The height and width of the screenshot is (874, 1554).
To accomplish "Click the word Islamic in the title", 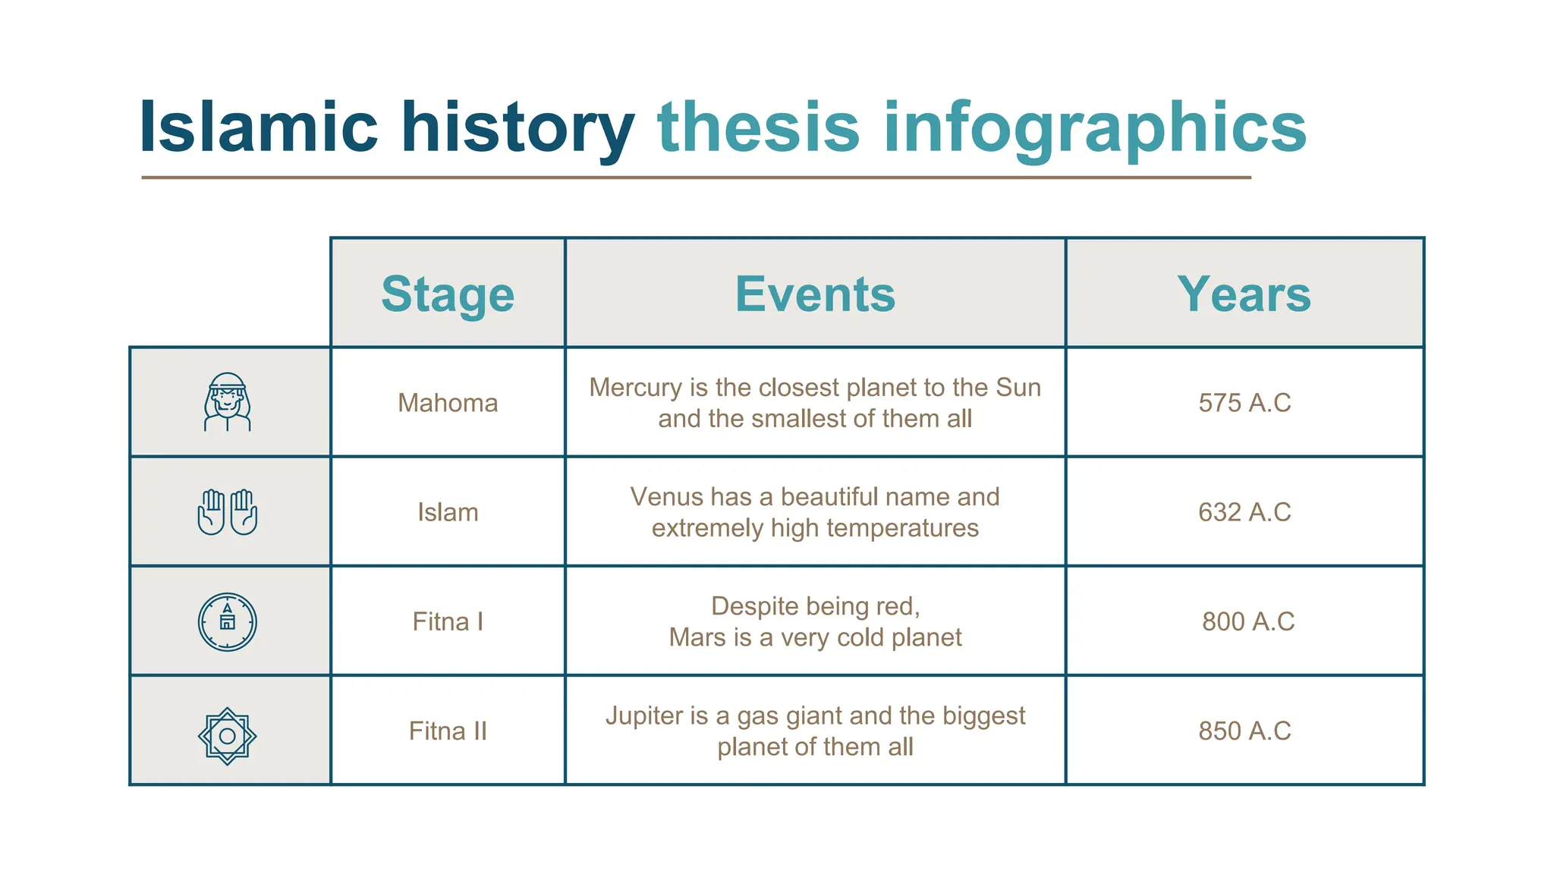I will (x=258, y=127).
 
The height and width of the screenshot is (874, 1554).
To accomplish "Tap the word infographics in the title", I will (x=1094, y=127).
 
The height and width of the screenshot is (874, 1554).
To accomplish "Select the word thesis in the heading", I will (x=758, y=127).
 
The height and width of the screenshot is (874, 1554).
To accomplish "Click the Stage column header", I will (x=448, y=294).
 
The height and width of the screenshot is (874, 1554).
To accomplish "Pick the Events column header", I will (x=815, y=294).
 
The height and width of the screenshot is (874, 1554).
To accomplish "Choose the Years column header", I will (x=1244, y=294).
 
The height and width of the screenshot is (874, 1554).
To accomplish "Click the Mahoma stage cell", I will (x=448, y=403).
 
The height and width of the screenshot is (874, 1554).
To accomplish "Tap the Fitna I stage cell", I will (x=448, y=621).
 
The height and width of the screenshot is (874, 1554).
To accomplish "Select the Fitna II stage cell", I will (x=448, y=731).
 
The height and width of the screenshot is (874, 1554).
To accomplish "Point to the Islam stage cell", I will (x=448, y=512).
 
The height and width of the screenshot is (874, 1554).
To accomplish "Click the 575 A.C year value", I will (x=1244, y=403).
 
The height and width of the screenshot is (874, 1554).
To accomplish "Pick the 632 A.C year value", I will (x=1244, y=512).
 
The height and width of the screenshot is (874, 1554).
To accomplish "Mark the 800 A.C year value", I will (x=1247, y=621).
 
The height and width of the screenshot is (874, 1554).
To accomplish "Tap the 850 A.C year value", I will (x=1244, y=731).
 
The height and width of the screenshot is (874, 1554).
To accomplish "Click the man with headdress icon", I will (x=227, y=402).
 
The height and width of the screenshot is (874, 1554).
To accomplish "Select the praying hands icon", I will (x=227, y=512).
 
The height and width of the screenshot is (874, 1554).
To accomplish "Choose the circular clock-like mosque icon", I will (x=227, y=621).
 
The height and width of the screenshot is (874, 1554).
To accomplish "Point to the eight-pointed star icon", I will (x=227, y=735).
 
